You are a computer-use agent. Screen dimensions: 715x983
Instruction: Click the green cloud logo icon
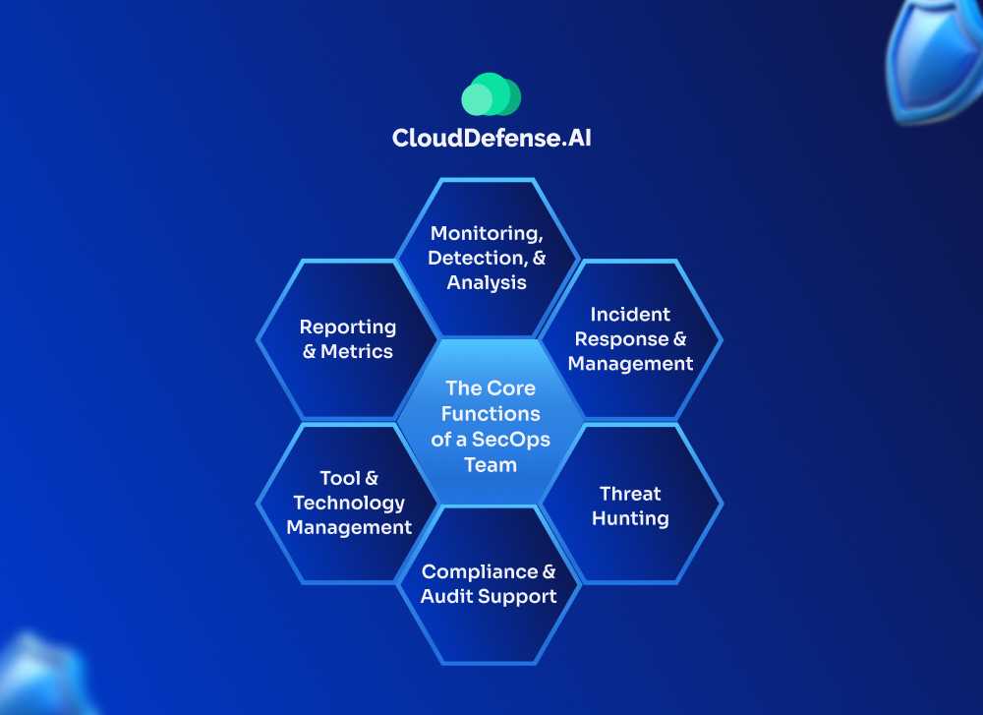click(x=491, y=95)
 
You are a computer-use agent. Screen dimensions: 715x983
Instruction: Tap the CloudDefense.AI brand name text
click(x=491, y=138)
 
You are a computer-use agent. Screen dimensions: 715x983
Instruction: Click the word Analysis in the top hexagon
click(x=487, y=282)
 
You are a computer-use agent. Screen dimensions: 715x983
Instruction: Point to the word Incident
click(x=630, y=315)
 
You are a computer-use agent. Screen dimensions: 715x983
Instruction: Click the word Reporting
click(x=348, y=327)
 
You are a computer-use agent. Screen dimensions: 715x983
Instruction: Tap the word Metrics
click(x=357, y=351)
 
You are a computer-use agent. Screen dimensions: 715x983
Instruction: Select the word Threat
click(x=630, y=494)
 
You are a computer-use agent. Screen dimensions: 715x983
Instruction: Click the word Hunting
click(x=630, y=518)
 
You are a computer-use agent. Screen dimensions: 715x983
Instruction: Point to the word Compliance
click(x=480, y=571)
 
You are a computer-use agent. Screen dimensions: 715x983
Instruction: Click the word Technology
click(x=349, y=503)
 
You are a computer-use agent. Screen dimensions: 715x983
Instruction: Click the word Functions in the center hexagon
click(x=491, y=413)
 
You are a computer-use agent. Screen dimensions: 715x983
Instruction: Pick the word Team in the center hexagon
click(x=491, y=463)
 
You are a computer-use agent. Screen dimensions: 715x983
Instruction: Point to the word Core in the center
click(x=511, y=388)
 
